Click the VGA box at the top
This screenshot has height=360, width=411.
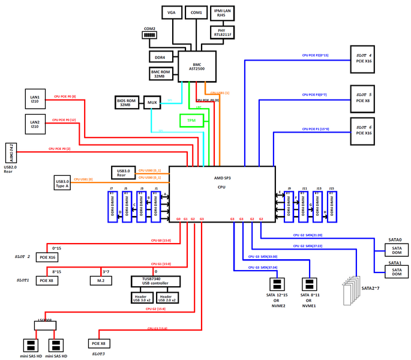[x=172, y=13]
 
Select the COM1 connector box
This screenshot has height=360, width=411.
[x=196, y=13]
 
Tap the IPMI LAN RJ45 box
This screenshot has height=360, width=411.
[x=223, y=13]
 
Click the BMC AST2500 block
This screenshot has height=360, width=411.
[x=197, y=67]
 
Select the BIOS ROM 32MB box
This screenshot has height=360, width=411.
[x=126, y=102]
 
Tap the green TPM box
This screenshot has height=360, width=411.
[x=191, y=120]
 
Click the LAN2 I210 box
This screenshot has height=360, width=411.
[x=35, y=124]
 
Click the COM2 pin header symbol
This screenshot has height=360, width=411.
[x=149, y=35]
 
